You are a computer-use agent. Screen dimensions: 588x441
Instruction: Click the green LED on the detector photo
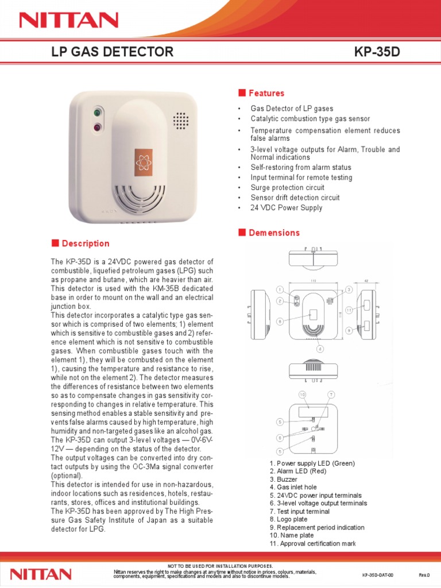coord(97,113)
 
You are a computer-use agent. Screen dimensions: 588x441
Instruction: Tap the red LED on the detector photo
coord(97,127)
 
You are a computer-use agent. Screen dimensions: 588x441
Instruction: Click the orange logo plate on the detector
coord(144,163)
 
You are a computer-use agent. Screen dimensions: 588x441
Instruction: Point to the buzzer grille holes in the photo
coord(181,120)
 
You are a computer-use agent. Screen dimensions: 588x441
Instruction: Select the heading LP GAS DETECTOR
coord(113,52)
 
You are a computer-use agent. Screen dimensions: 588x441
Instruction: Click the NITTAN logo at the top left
coord(68,21)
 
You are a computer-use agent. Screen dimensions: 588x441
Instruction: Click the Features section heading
coord(266,93)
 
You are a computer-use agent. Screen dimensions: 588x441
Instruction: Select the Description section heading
coord(86,243)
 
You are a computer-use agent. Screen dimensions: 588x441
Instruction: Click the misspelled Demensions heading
coord(274,233)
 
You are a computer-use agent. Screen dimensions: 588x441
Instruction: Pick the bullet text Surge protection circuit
coord(287,187)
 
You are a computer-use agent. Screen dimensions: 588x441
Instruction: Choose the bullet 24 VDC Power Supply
coord(286,208)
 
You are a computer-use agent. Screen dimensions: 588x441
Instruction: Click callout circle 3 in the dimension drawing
coord(349,290)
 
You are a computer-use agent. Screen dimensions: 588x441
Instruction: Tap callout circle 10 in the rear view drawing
coord(302,394)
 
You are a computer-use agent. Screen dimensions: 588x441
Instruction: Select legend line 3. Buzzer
coord(283,479)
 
